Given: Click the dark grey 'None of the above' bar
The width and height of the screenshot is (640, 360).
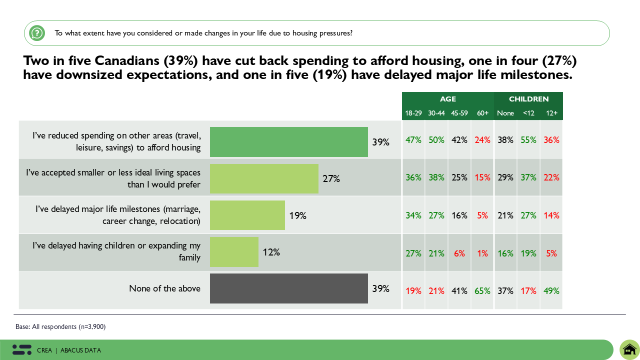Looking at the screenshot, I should pos(288,288).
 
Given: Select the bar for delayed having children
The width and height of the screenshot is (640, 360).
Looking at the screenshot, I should pos(234,252).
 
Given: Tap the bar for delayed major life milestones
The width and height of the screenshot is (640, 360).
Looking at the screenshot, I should pos(247,215).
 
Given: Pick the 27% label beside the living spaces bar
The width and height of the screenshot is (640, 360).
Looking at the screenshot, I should pos(331,178).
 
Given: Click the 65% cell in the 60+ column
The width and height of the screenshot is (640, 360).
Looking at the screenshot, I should pos(482,290).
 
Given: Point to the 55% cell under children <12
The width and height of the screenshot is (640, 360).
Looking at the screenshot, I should pos(528,140).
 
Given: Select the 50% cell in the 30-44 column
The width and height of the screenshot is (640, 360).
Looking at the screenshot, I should pos(436,140).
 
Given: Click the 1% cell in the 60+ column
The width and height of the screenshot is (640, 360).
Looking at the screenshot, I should pos(482,253).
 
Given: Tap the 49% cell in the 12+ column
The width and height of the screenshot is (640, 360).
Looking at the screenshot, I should pos(551,290).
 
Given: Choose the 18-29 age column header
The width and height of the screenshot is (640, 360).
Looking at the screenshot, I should pos(413,113).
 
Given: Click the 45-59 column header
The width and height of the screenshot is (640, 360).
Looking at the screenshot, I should pos(459,113).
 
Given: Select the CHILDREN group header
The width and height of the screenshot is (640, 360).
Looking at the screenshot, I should pos(528,99).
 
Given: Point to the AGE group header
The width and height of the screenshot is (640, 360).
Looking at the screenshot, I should pos(448,99).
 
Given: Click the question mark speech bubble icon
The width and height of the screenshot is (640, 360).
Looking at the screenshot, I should pos(37,33).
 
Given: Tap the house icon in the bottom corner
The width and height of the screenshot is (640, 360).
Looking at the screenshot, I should pos(629,349).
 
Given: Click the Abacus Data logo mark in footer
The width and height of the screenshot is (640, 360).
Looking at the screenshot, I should pos(21,350).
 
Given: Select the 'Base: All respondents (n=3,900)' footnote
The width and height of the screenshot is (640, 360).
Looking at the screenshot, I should pos(60,327).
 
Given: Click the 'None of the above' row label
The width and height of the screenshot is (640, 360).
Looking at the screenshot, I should pos(164,288).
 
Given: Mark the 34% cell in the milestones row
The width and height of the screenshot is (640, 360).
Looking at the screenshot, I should pos(413,215).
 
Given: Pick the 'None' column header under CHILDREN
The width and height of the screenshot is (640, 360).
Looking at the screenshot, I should pos(505,113).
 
